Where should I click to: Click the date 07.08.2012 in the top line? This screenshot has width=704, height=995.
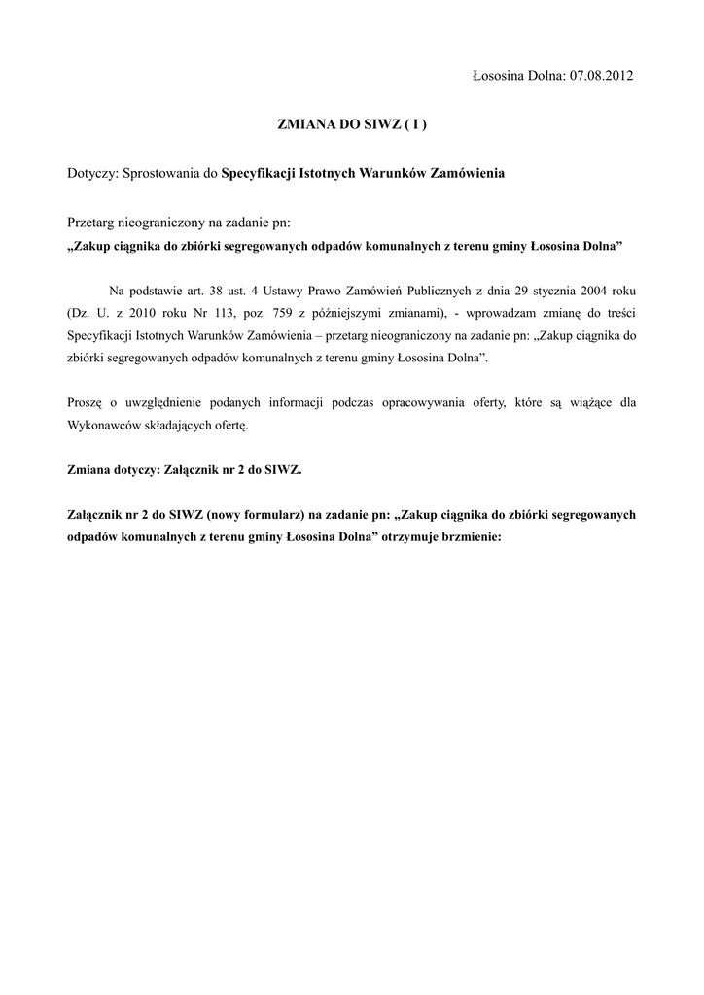pyautogui.click(x=600, y=75)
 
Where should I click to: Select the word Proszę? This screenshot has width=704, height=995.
pyautogui.click(x=86, y=402)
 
